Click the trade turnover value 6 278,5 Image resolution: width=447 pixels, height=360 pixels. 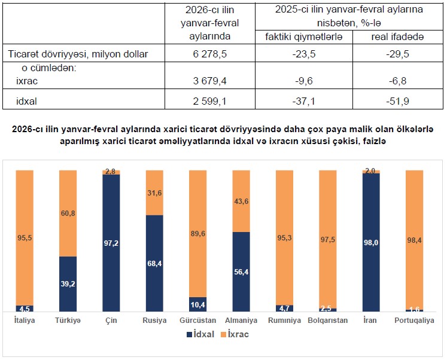209,54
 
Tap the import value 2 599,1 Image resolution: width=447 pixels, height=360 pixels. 209,101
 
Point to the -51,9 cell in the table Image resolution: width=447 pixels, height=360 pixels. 398,101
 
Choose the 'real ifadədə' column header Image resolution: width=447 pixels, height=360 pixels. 398,37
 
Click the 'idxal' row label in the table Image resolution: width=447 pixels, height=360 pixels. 27,101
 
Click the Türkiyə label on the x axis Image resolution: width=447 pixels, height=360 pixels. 68,321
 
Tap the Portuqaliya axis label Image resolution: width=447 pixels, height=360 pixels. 414,321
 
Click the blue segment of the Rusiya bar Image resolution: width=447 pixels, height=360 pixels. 154,263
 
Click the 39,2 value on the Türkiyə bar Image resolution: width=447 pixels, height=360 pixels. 68,284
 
